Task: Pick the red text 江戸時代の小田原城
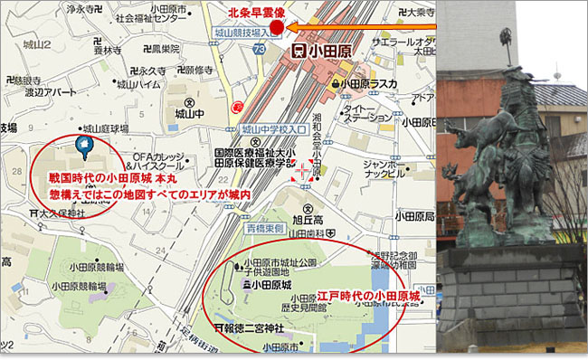point(369,296)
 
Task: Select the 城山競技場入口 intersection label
point(240,32)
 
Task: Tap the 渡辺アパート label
point(51,91)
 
